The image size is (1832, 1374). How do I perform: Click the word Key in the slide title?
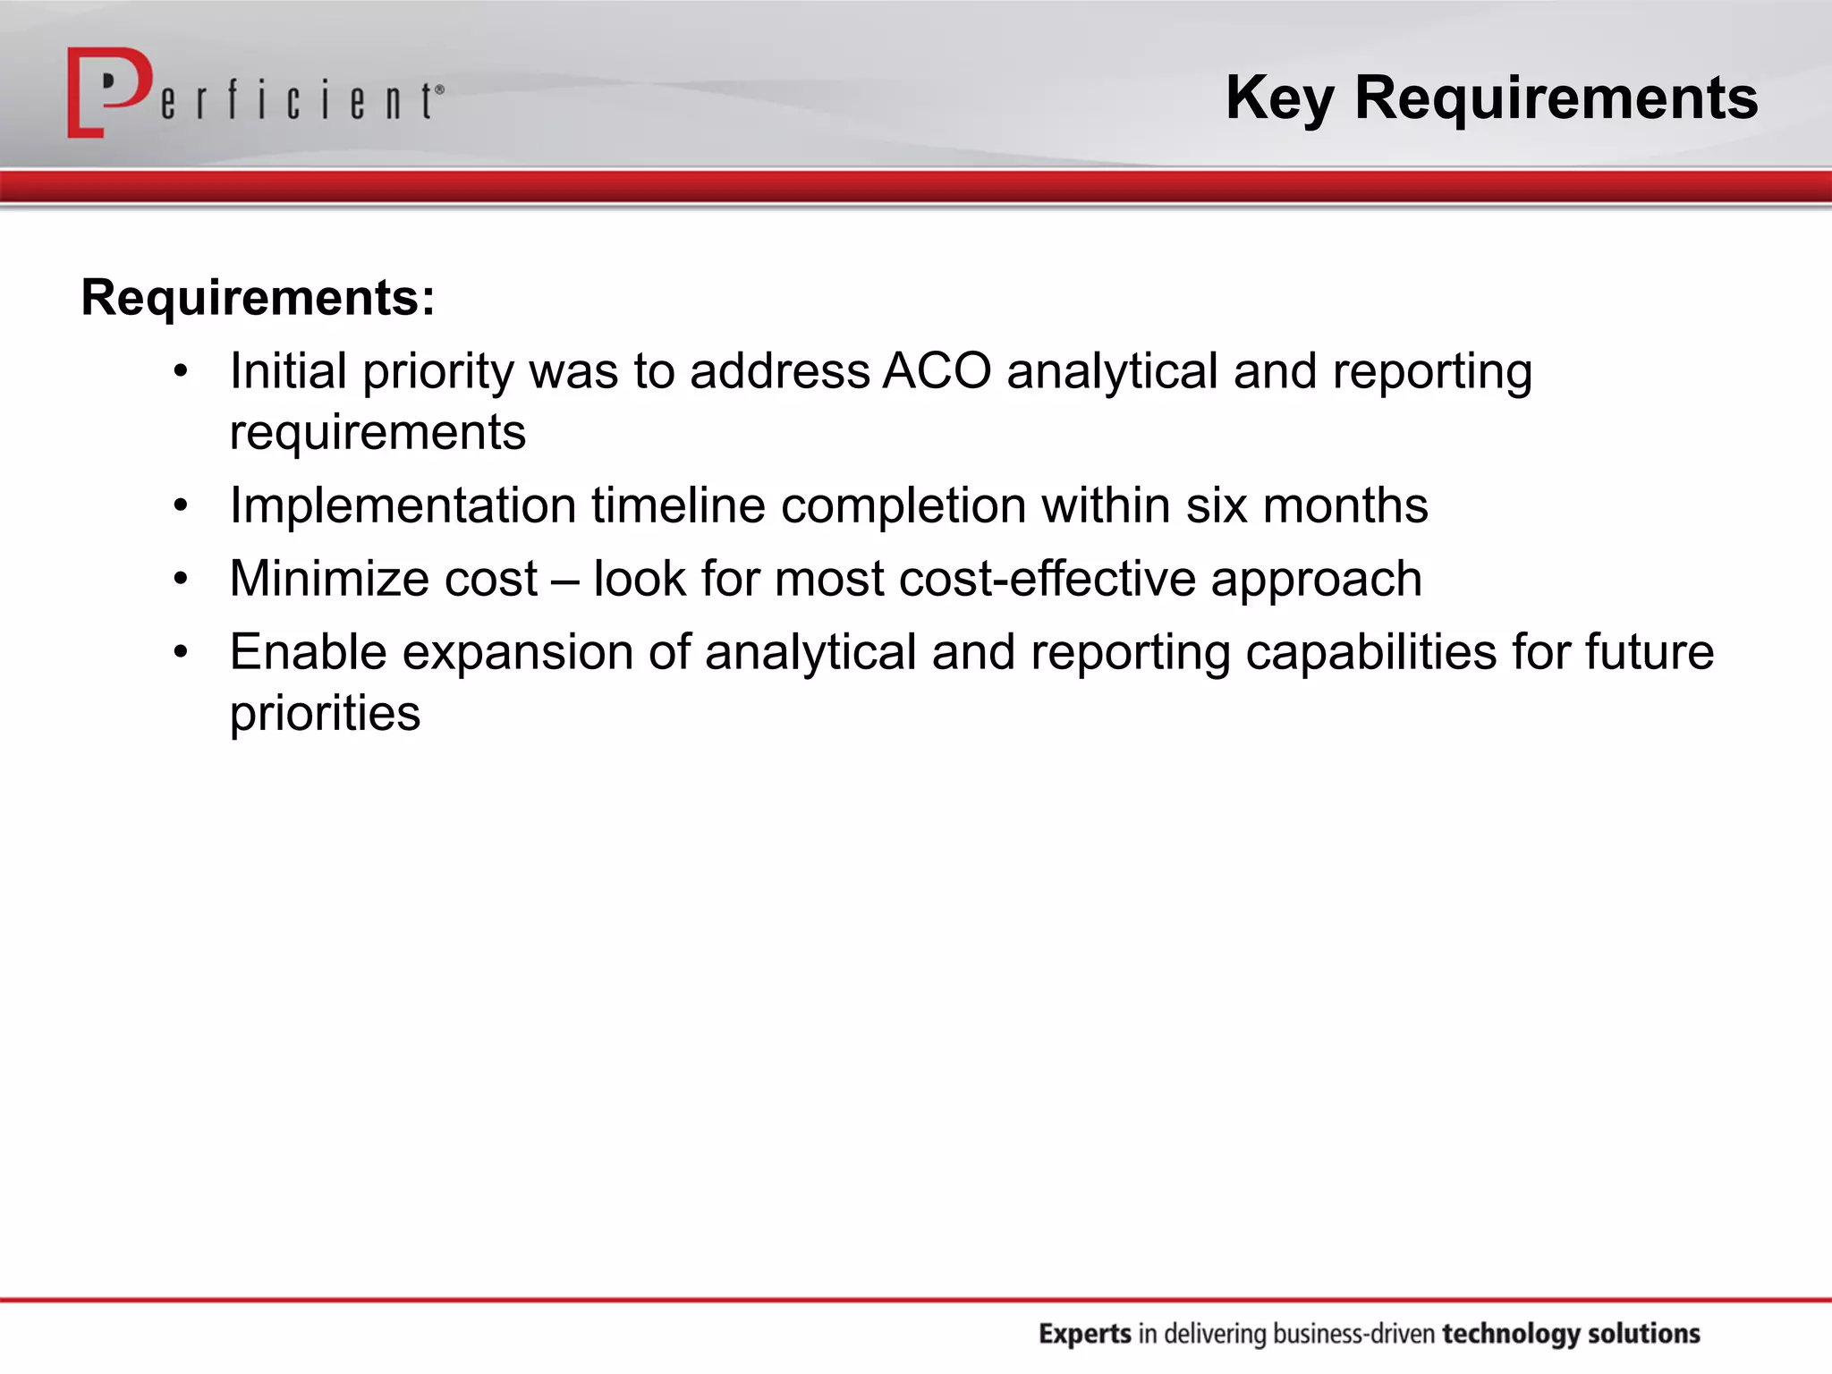point(1279,98)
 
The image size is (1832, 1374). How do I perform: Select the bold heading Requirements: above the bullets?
point(258,298)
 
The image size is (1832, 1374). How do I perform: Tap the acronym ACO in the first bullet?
point(937,371)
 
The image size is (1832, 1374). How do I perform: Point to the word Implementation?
point(403,506)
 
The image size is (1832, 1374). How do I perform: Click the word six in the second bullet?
point(1216,506)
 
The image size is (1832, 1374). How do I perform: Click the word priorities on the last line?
point(325,714)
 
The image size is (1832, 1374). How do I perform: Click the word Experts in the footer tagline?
point(1085,1334)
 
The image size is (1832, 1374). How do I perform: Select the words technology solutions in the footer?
point(1571,1334)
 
